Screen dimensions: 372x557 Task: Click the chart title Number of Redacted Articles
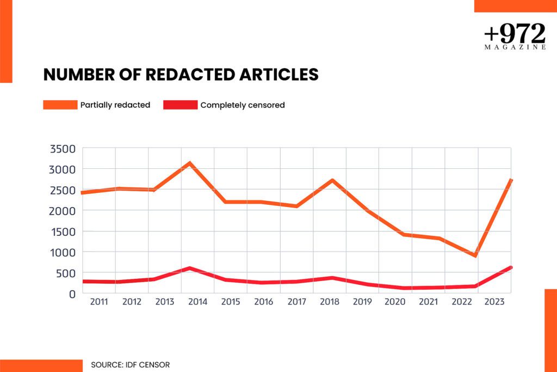point(181,75)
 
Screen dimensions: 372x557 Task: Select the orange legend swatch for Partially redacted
point(60,105)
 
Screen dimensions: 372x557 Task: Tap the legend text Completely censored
point(243,105)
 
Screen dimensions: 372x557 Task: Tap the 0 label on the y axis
point(72,294)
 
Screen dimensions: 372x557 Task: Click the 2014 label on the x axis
point(197,302)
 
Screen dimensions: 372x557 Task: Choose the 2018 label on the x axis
point(330,302)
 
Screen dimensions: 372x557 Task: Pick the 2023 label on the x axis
point(494,302)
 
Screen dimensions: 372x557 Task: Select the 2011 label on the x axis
point(98,302)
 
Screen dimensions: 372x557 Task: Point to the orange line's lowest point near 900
point(475,255)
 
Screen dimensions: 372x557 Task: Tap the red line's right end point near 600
point(510,267)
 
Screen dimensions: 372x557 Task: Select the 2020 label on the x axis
point(395,302)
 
